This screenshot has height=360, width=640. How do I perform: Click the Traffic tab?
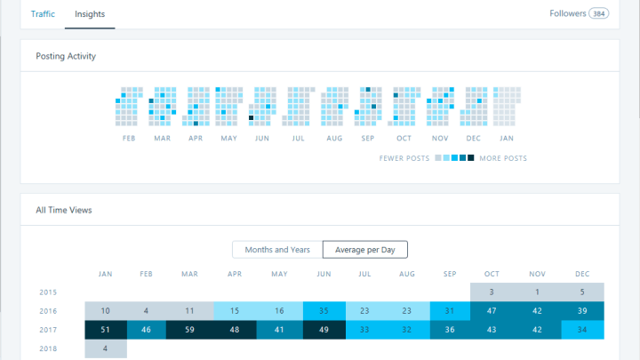pos(43,14)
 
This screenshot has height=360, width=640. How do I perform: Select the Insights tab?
pos(90,14)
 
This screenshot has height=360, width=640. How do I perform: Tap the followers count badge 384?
pos(599,14)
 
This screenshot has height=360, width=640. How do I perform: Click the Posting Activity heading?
pos(66,56)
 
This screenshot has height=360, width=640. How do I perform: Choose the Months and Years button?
pos(277,250)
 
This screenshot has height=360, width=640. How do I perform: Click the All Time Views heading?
pos(64,210)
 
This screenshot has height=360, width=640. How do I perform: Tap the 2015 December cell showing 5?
pos(582,292)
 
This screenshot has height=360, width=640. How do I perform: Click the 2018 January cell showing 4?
pos(106,348)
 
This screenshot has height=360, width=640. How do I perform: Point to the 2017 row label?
pos(48,330)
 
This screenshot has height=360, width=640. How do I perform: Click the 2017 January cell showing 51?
pos(106,330)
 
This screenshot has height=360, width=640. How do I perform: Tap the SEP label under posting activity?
pos(368,139)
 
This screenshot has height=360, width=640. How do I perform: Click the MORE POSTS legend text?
pos(503,158)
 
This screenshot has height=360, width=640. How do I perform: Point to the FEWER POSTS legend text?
pos(404,158)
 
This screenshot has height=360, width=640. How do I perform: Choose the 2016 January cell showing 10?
pos(106,310)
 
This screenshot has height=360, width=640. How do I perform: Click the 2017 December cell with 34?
pos(582,330)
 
